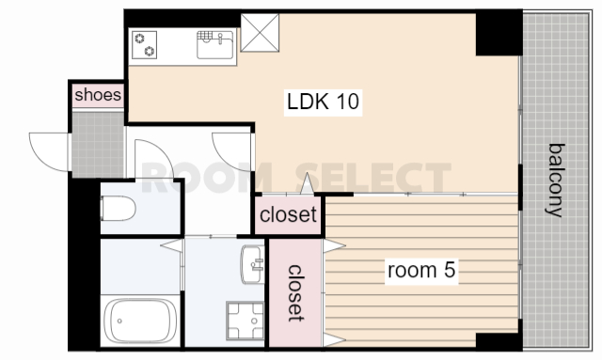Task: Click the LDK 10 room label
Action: coord(323,102)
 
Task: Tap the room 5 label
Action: coord(421,270)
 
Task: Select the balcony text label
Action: coord(556,180)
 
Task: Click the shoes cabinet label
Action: coord(98,95)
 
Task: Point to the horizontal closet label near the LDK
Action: coord(288,214)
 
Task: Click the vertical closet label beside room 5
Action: coord(296,293)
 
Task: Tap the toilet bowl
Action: coord(119,208)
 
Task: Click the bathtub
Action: coord(140,321)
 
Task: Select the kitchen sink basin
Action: coord(215,45)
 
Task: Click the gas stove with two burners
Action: coord(144,44)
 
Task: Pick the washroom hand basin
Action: coord(253,264)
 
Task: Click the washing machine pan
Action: coord(245,321)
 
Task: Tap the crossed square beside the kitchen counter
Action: coord(260,33)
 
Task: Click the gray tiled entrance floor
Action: coord(98,145)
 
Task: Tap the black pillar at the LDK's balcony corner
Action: coord(499,34)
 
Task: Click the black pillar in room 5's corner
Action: coord(499,340)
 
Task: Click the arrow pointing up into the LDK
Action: coord(308,183)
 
